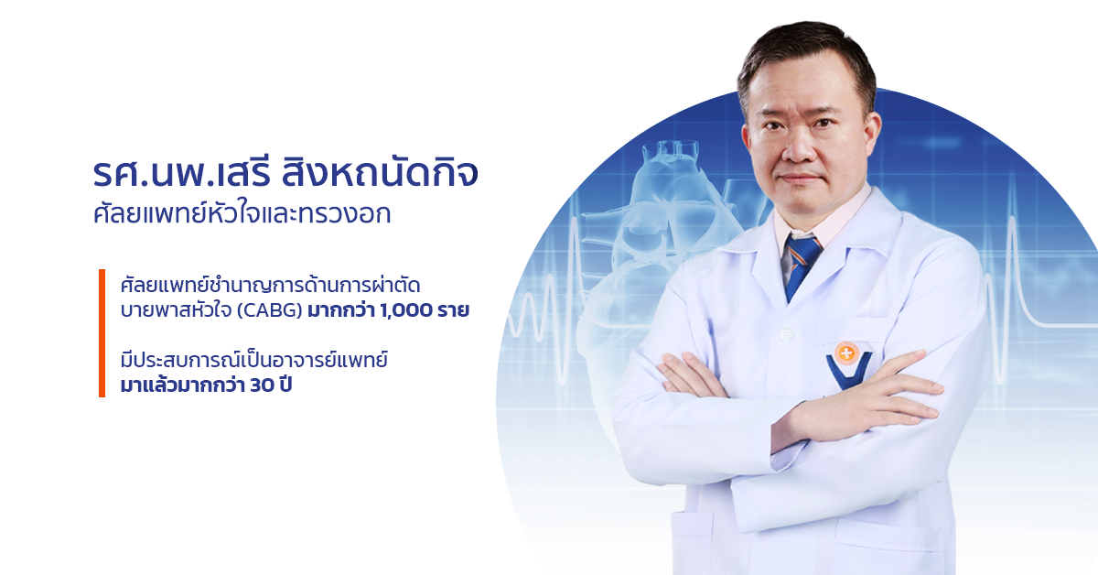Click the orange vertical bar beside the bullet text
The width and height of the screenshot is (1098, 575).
point(102,332)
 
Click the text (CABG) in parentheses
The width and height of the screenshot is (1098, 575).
point(269,310)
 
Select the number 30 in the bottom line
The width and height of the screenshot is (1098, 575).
point(262,385)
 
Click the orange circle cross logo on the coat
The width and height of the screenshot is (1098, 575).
point(845,353)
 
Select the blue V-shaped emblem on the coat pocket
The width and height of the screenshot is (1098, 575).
point(849,372)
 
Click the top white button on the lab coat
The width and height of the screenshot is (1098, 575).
point(786,333)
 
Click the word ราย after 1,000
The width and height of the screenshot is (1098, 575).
point(454,310)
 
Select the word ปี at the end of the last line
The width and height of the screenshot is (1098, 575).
point(285,385)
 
